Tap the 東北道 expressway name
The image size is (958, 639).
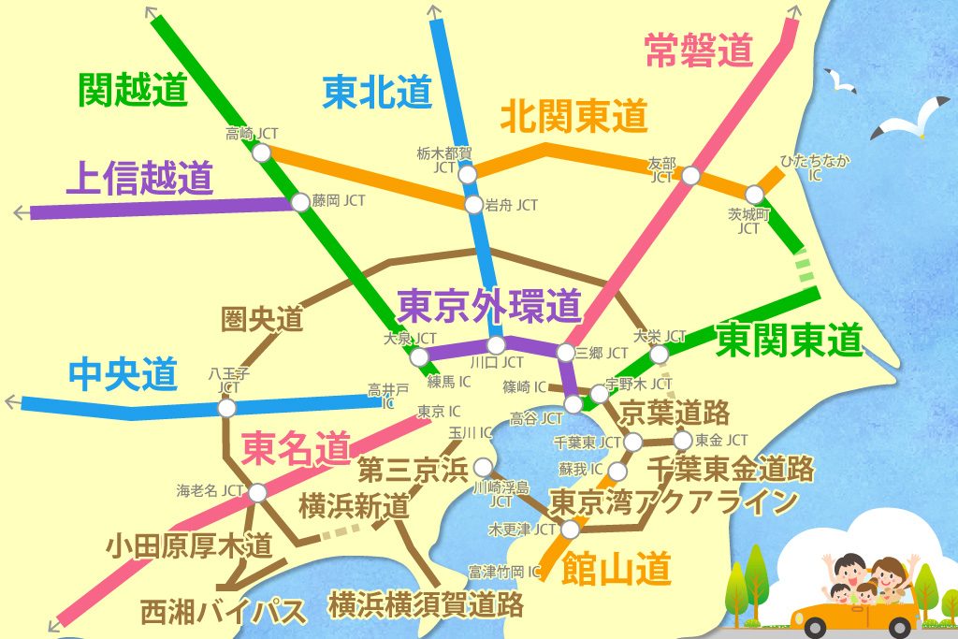click(x=378, y=93)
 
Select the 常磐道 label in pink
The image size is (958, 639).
click(x=699, y=51)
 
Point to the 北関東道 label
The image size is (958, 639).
click(x=574, y=117)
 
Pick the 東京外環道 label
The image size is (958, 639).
click(x=490, y=305)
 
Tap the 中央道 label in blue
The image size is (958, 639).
click(x=123, y=375)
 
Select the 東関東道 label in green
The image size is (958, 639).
click(x=788, y=340)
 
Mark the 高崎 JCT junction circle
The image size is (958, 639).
click(x=262, y=152)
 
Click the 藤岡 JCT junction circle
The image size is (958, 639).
click(x=299, y=201)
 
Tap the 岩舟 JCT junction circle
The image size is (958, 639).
click(x=473, y=204)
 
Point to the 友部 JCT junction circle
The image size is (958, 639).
click(x=690, y=175)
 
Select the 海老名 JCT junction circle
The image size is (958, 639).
click(x=257, y=492)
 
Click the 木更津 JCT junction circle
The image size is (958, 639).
click(x=570, y=530)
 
